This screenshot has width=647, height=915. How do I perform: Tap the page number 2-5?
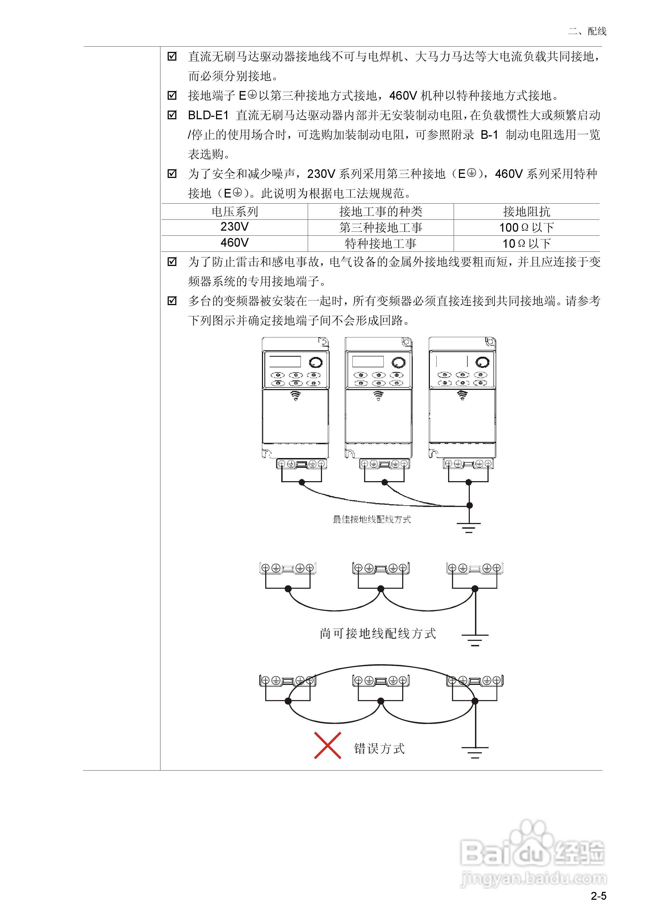click(x=598, y=896)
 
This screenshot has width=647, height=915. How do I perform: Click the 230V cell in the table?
click(x=235, y=227)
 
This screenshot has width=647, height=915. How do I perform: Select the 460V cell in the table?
click(x=235, y=243)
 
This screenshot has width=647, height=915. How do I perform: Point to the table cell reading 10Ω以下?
click(x=526, y=243)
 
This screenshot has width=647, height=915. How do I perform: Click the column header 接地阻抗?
click(x=526, y=211)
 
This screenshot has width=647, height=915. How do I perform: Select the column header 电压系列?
click(x=235, y=211)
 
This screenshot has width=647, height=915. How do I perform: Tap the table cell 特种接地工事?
click(x=380, y=243)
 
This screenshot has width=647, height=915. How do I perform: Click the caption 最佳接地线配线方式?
click(x=371, y=519)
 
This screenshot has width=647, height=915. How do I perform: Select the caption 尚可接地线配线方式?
click(x=377, y=633)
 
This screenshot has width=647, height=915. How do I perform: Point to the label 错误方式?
click(x=379, y=748)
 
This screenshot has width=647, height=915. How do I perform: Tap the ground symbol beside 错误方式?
click(x=474, y=752)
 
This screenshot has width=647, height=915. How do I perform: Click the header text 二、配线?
click(x=587, y=31)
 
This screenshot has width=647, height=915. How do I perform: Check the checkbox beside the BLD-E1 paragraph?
click(x=172, y=115)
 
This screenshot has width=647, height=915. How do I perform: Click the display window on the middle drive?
click(x=368, y=361)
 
